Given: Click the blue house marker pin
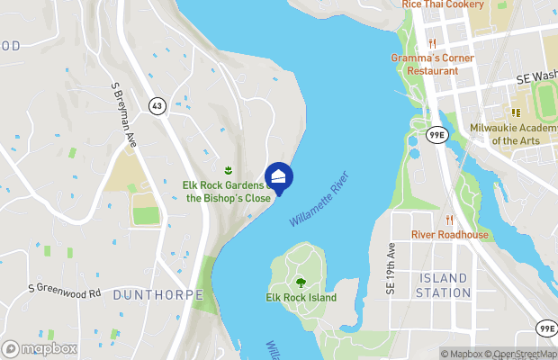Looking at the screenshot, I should (x=279, y=177).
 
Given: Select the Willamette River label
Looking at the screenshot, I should (x=319, y=199).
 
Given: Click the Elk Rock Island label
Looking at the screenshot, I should (x=301, y=298).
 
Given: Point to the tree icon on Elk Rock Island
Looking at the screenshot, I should (x=301, y=283).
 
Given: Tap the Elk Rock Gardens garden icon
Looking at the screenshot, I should (x=228, y=170).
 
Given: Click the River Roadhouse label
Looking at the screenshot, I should (x=450, y=235).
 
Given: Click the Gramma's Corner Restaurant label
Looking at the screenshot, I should (x=432, y=64).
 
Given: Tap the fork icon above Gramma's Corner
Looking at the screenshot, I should (x=432, y=42).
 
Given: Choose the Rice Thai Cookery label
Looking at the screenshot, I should (x=443, y=4).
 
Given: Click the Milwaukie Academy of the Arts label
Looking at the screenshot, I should (x=511, y=134).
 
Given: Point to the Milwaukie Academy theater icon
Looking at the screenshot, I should (x=516, y=112).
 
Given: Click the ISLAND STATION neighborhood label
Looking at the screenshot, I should (x=445, y=285).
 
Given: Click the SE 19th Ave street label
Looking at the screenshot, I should (x=391, y=268).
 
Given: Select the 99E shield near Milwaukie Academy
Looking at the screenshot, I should (x=436, y=135).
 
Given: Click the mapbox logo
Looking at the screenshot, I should (x=40, y=348).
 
